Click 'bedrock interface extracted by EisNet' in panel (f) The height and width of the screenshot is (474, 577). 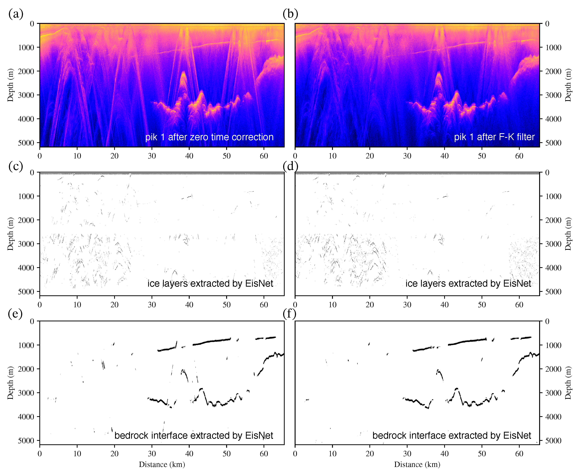(x=452, y=435)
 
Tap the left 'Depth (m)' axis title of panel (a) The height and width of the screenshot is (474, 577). (x=10, y=85)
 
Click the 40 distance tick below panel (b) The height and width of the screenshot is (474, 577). (x=444, y=156)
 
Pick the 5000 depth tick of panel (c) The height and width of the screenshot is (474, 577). (x=26, y=292)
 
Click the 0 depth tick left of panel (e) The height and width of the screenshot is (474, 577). (x=32, y=321)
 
